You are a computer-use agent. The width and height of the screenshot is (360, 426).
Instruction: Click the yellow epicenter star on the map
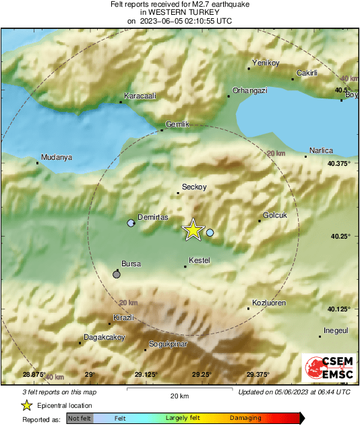coord(193,230)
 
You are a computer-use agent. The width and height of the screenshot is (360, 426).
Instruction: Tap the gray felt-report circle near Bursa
coord(117,274)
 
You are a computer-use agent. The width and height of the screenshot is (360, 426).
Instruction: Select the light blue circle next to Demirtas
coord(131,223)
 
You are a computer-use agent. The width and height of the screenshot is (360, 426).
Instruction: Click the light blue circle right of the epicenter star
coord(210,233)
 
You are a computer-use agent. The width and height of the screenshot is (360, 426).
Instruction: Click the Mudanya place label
coord(56,158)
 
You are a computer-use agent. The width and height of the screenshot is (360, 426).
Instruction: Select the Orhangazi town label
coord(249,90)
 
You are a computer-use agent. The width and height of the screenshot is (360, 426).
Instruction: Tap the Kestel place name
coord(200,260)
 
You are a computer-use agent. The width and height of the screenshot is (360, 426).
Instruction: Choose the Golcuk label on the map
coord(274,215)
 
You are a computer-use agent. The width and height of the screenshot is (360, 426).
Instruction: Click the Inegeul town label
coord(335,330)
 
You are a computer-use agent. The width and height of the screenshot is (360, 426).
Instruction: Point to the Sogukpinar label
coord(169,344)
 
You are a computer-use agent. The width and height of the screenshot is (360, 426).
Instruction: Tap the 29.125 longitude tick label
coord(146,375)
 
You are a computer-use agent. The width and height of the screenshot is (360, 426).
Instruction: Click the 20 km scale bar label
coord(179,396)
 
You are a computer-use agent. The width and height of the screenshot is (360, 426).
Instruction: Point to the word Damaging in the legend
coord(245,419)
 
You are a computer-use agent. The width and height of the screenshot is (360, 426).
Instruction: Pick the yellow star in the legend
coord(26,405)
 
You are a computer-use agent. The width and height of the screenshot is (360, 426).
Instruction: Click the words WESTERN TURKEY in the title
coord(179,12)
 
